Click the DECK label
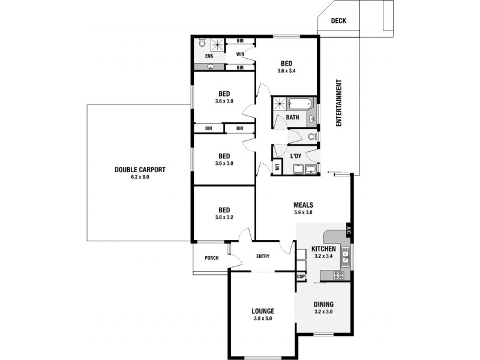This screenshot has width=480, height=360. (338, 21)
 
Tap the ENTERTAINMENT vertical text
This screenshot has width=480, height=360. (338, 103)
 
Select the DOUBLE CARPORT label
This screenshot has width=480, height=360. (140, 169)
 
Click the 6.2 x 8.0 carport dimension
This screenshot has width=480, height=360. (140, 177)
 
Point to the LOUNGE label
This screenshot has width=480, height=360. (263, 311)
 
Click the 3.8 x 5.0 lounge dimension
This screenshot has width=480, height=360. (263, 319)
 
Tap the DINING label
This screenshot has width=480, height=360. (323, 304)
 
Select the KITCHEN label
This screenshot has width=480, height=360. (323, 248)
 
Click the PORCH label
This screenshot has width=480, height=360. (211, 259)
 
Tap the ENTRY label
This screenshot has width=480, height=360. (263, 257)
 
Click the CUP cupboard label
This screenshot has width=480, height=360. (301, 277)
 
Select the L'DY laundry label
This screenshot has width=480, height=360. (295, 157)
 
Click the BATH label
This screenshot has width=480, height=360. (292, 118)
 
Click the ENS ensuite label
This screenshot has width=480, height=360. (209, 56)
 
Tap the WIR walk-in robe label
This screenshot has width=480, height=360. (240, 54)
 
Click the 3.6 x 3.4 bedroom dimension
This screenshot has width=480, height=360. (287, 71)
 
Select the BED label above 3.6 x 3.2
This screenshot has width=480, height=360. (224, 210)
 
